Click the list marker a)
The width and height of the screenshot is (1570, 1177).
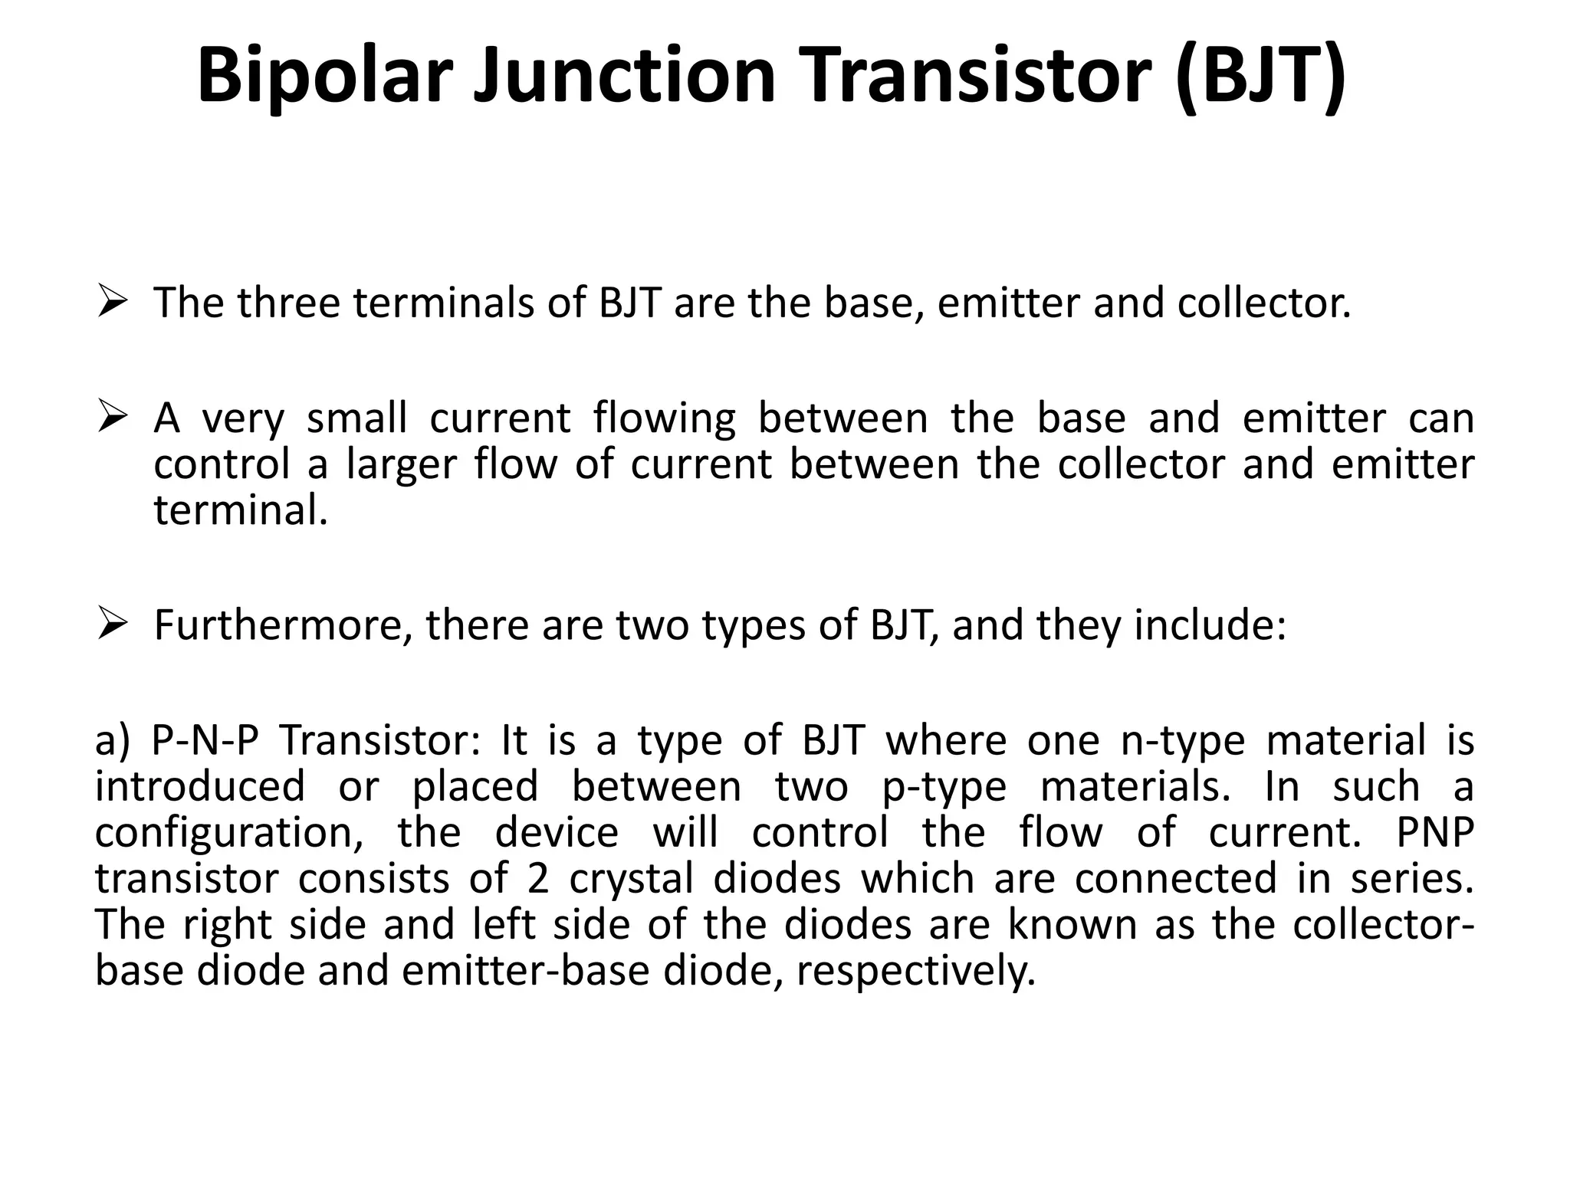point(113,741)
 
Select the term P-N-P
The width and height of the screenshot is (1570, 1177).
point(205,741)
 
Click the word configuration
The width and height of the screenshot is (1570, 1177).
point(228,834)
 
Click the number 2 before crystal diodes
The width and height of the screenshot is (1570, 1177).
point(537,878)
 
